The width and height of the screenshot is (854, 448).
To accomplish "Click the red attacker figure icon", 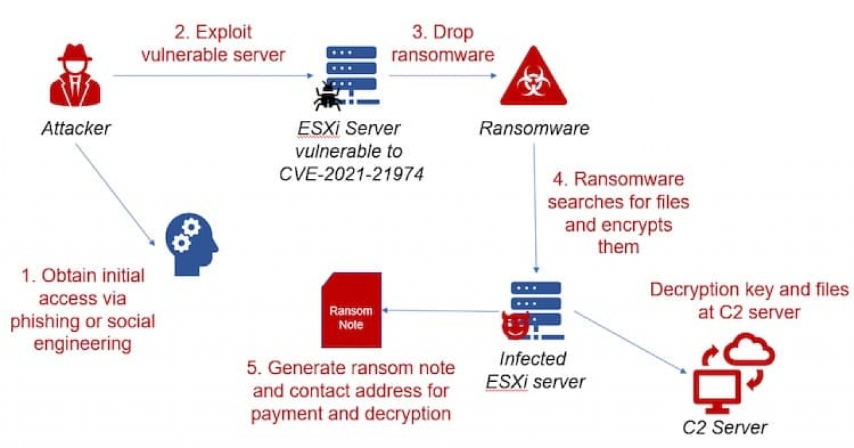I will coord(74,78).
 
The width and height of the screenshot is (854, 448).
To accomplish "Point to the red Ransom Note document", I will coord(351,314).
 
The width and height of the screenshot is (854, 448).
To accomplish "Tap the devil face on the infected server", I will coord(513,325).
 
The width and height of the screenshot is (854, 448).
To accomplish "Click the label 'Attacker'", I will coord(75,128).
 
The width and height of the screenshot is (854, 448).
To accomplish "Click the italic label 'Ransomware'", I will coord(534,128).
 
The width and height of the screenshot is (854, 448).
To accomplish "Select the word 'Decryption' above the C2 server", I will coord(698,290).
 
